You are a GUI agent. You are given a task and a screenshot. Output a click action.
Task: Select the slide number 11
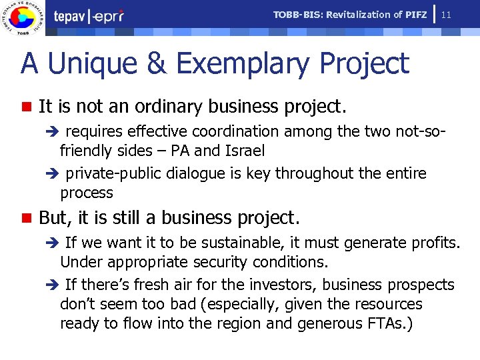pyautogui.click(x=447, y=15)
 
